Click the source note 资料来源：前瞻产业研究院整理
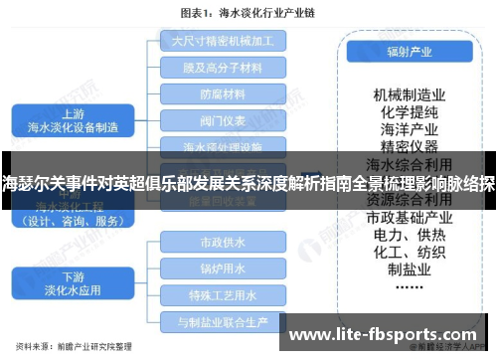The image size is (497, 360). coord(82,349)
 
